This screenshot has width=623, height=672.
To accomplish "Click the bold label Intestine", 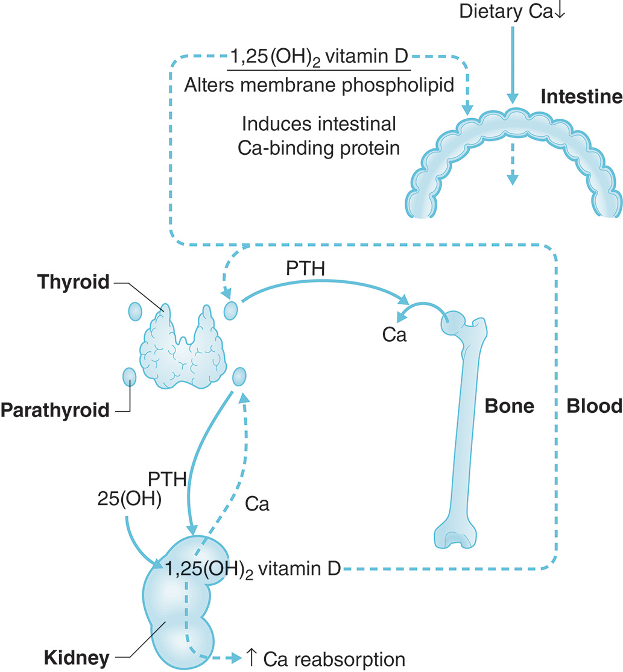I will click(x=581, y=96).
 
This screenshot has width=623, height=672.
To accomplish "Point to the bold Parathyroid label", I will click(x=55, y=410).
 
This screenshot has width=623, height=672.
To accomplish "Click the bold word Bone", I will click(x=510, y=407).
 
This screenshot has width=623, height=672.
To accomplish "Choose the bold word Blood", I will click(x=594, y=407).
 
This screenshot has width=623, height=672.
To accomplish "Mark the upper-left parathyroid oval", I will click(x=134, y=311).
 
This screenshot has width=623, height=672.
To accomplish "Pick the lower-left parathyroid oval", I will click(x=129, y=377).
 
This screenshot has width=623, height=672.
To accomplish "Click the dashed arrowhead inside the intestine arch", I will click(x=513, y=178).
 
